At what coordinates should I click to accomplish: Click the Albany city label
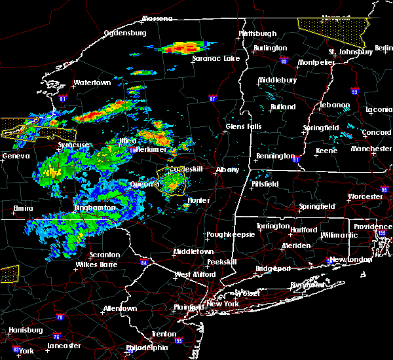(228, 170)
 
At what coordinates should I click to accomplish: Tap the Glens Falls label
(244, 126)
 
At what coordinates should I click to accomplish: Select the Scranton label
(105, 255)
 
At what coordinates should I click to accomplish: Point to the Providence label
(373, 226)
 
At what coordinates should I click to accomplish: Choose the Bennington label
(274, 156)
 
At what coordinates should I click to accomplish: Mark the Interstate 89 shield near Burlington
(284, 58)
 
